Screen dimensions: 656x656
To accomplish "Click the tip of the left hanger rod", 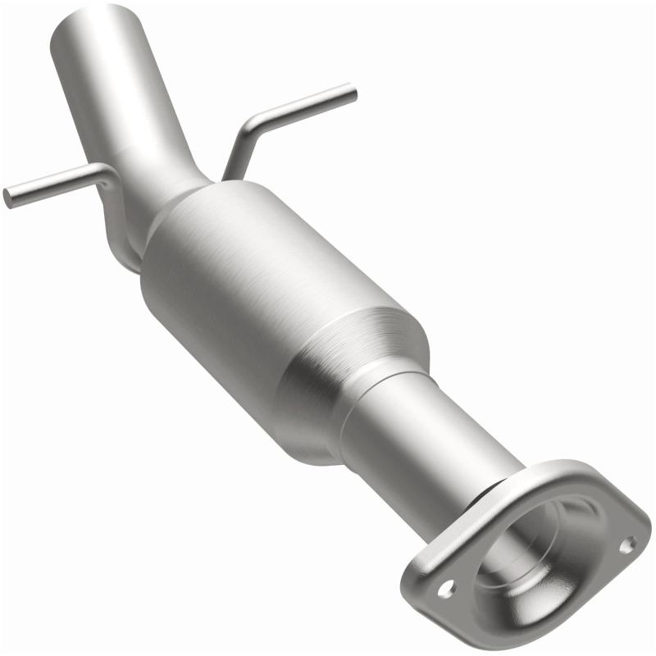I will point(7,198).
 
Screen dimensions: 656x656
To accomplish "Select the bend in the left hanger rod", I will point(106,172).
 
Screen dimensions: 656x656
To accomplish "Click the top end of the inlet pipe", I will point(93,20).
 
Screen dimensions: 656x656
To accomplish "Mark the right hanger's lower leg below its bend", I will point(232,160).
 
